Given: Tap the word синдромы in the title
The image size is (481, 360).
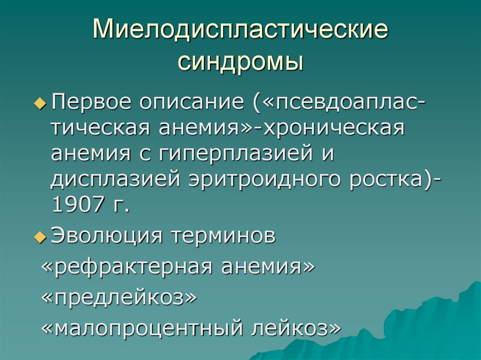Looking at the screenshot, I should pos(240,62).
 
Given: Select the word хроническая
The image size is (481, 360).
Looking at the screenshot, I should pos(334,128).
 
